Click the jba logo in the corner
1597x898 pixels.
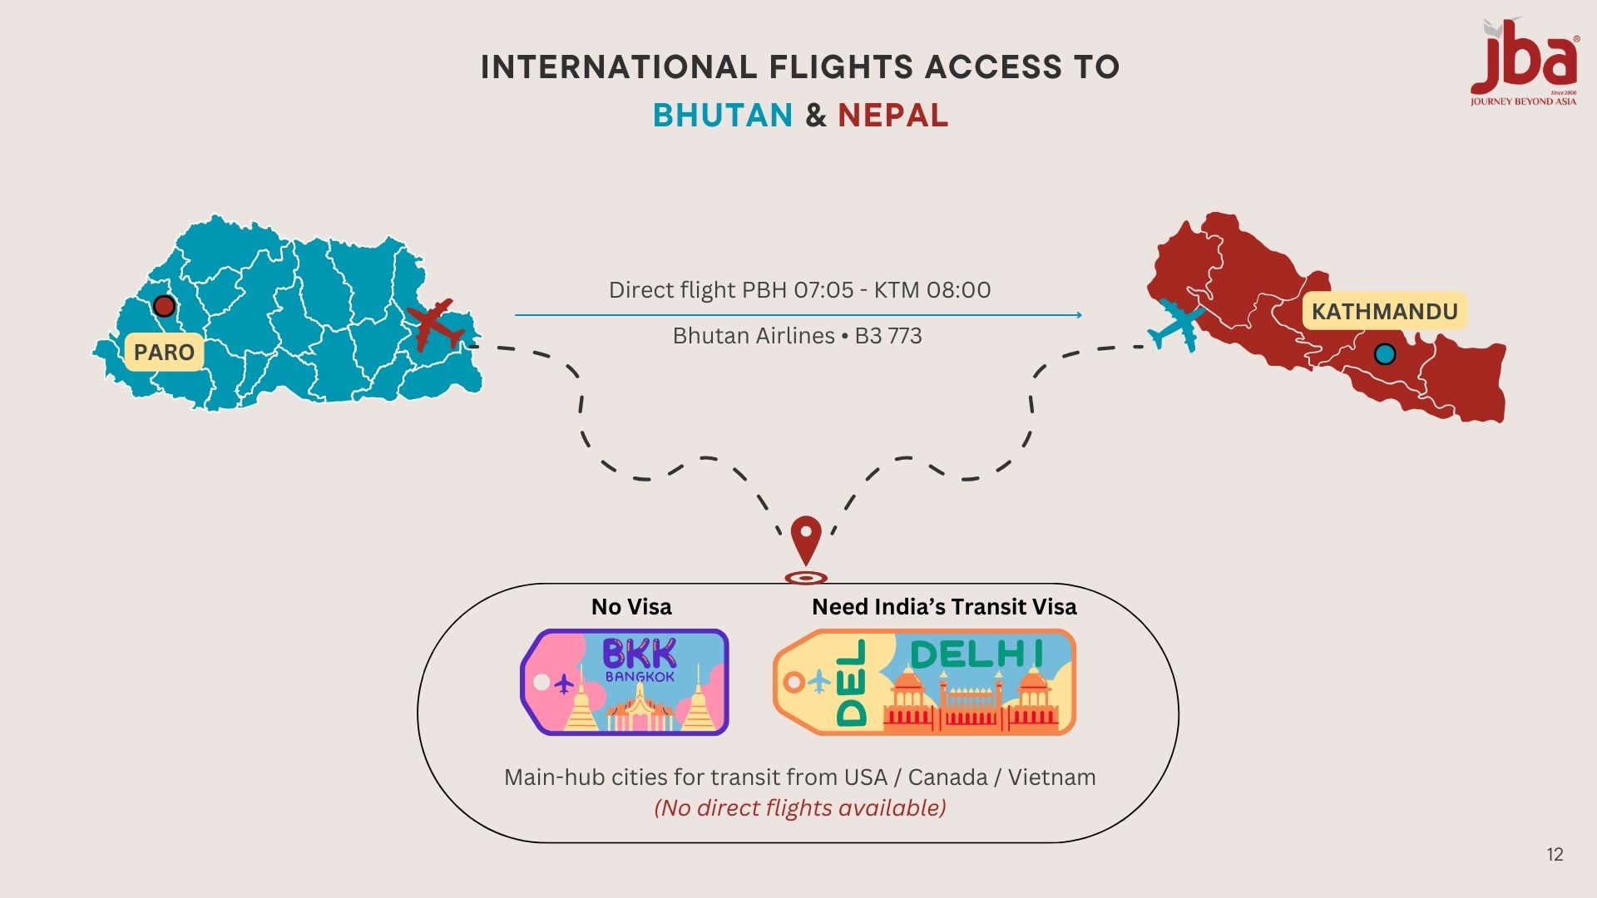pyautogui.click(x=1524, y=63)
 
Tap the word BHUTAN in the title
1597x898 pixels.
pyautogui.click(x=723, y=116)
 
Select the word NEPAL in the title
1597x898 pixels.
pyautogui.click(x=892, y=116)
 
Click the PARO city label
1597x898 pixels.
pyautogui.click(x=164, y=352)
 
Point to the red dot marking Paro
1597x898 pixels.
pyautogui.click(x=164, y=306)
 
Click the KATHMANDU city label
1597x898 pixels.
pyautogui.click(x=1384, y=312)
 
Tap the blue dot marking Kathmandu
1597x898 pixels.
pyautogui.click(x=1385, y=354)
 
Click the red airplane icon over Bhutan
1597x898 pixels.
pyautogui.click(x=434, y=324)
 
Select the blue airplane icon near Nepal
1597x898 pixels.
pyautogui.click(x=1176, y=324)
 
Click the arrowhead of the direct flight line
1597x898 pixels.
pyautogui.click(x=1079, y=315)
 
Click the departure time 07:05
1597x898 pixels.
pyautogui.click(x=823, y=290)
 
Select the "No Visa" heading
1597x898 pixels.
pyautogui.click(x=631, y=607)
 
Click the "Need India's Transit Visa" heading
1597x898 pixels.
pyautogui.click(x=944, y=607)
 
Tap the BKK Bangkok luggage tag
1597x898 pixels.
pyautogui.click(x=625, y=682)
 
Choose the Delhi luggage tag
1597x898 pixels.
pyautogui.click(x=924, y=682)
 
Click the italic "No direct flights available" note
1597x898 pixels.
pyautogui.click(x=800, y=808)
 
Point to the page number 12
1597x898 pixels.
pyautogui.click(x=1555, y=855)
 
